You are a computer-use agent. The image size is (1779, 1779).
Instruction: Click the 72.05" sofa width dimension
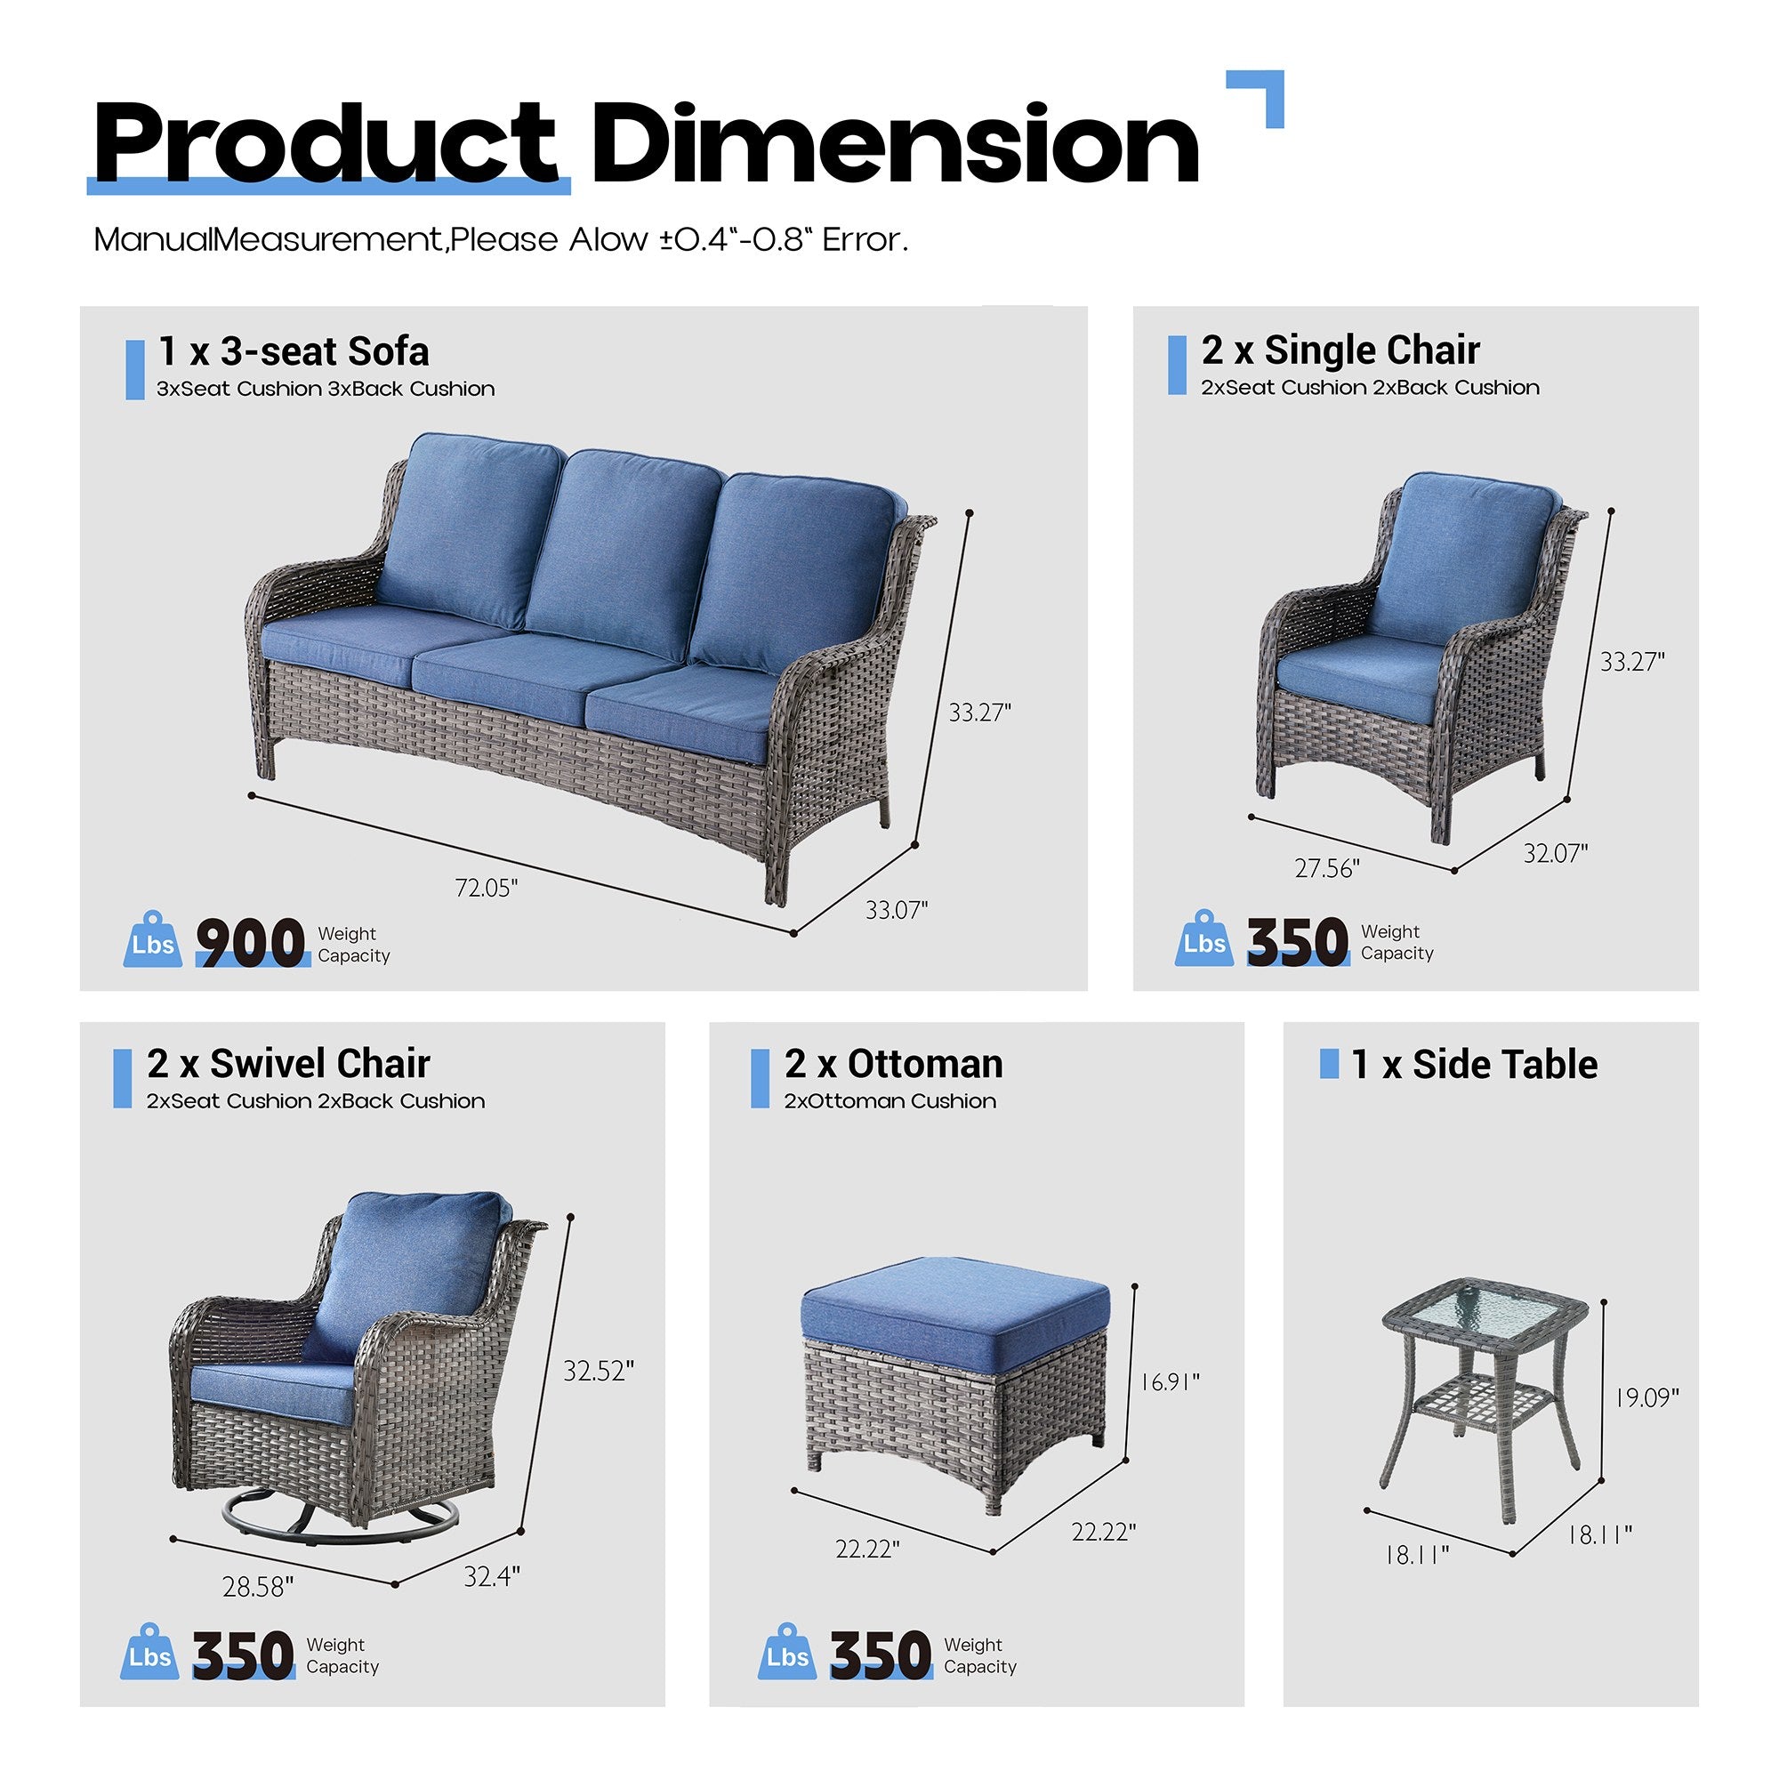(487, 888)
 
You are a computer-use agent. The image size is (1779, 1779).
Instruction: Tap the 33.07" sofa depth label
(896, 910)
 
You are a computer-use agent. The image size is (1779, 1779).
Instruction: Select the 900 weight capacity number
(251, 943)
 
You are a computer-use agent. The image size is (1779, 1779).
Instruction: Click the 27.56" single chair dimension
(1327, 868)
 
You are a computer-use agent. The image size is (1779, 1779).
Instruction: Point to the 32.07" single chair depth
(1555, 854)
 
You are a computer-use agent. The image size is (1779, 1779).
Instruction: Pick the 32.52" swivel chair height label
(599, 1371)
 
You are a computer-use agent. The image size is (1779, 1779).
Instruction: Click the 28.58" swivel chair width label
(258, 1587)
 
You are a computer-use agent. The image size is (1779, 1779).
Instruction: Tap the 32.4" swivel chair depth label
(492, 1576)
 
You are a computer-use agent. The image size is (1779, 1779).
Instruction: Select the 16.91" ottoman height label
(1170, 1382)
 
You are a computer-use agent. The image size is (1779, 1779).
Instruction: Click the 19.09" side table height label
(1647, 1397)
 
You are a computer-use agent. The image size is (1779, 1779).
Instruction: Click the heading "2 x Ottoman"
(893, 1065)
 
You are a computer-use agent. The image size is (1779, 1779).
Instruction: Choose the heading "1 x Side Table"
(1474, 1065)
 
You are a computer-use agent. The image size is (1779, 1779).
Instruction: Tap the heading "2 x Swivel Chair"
(288, 1065)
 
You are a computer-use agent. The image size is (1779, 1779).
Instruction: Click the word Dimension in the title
(894, 145)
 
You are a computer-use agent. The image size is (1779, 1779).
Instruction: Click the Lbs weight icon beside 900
(153, 941)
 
